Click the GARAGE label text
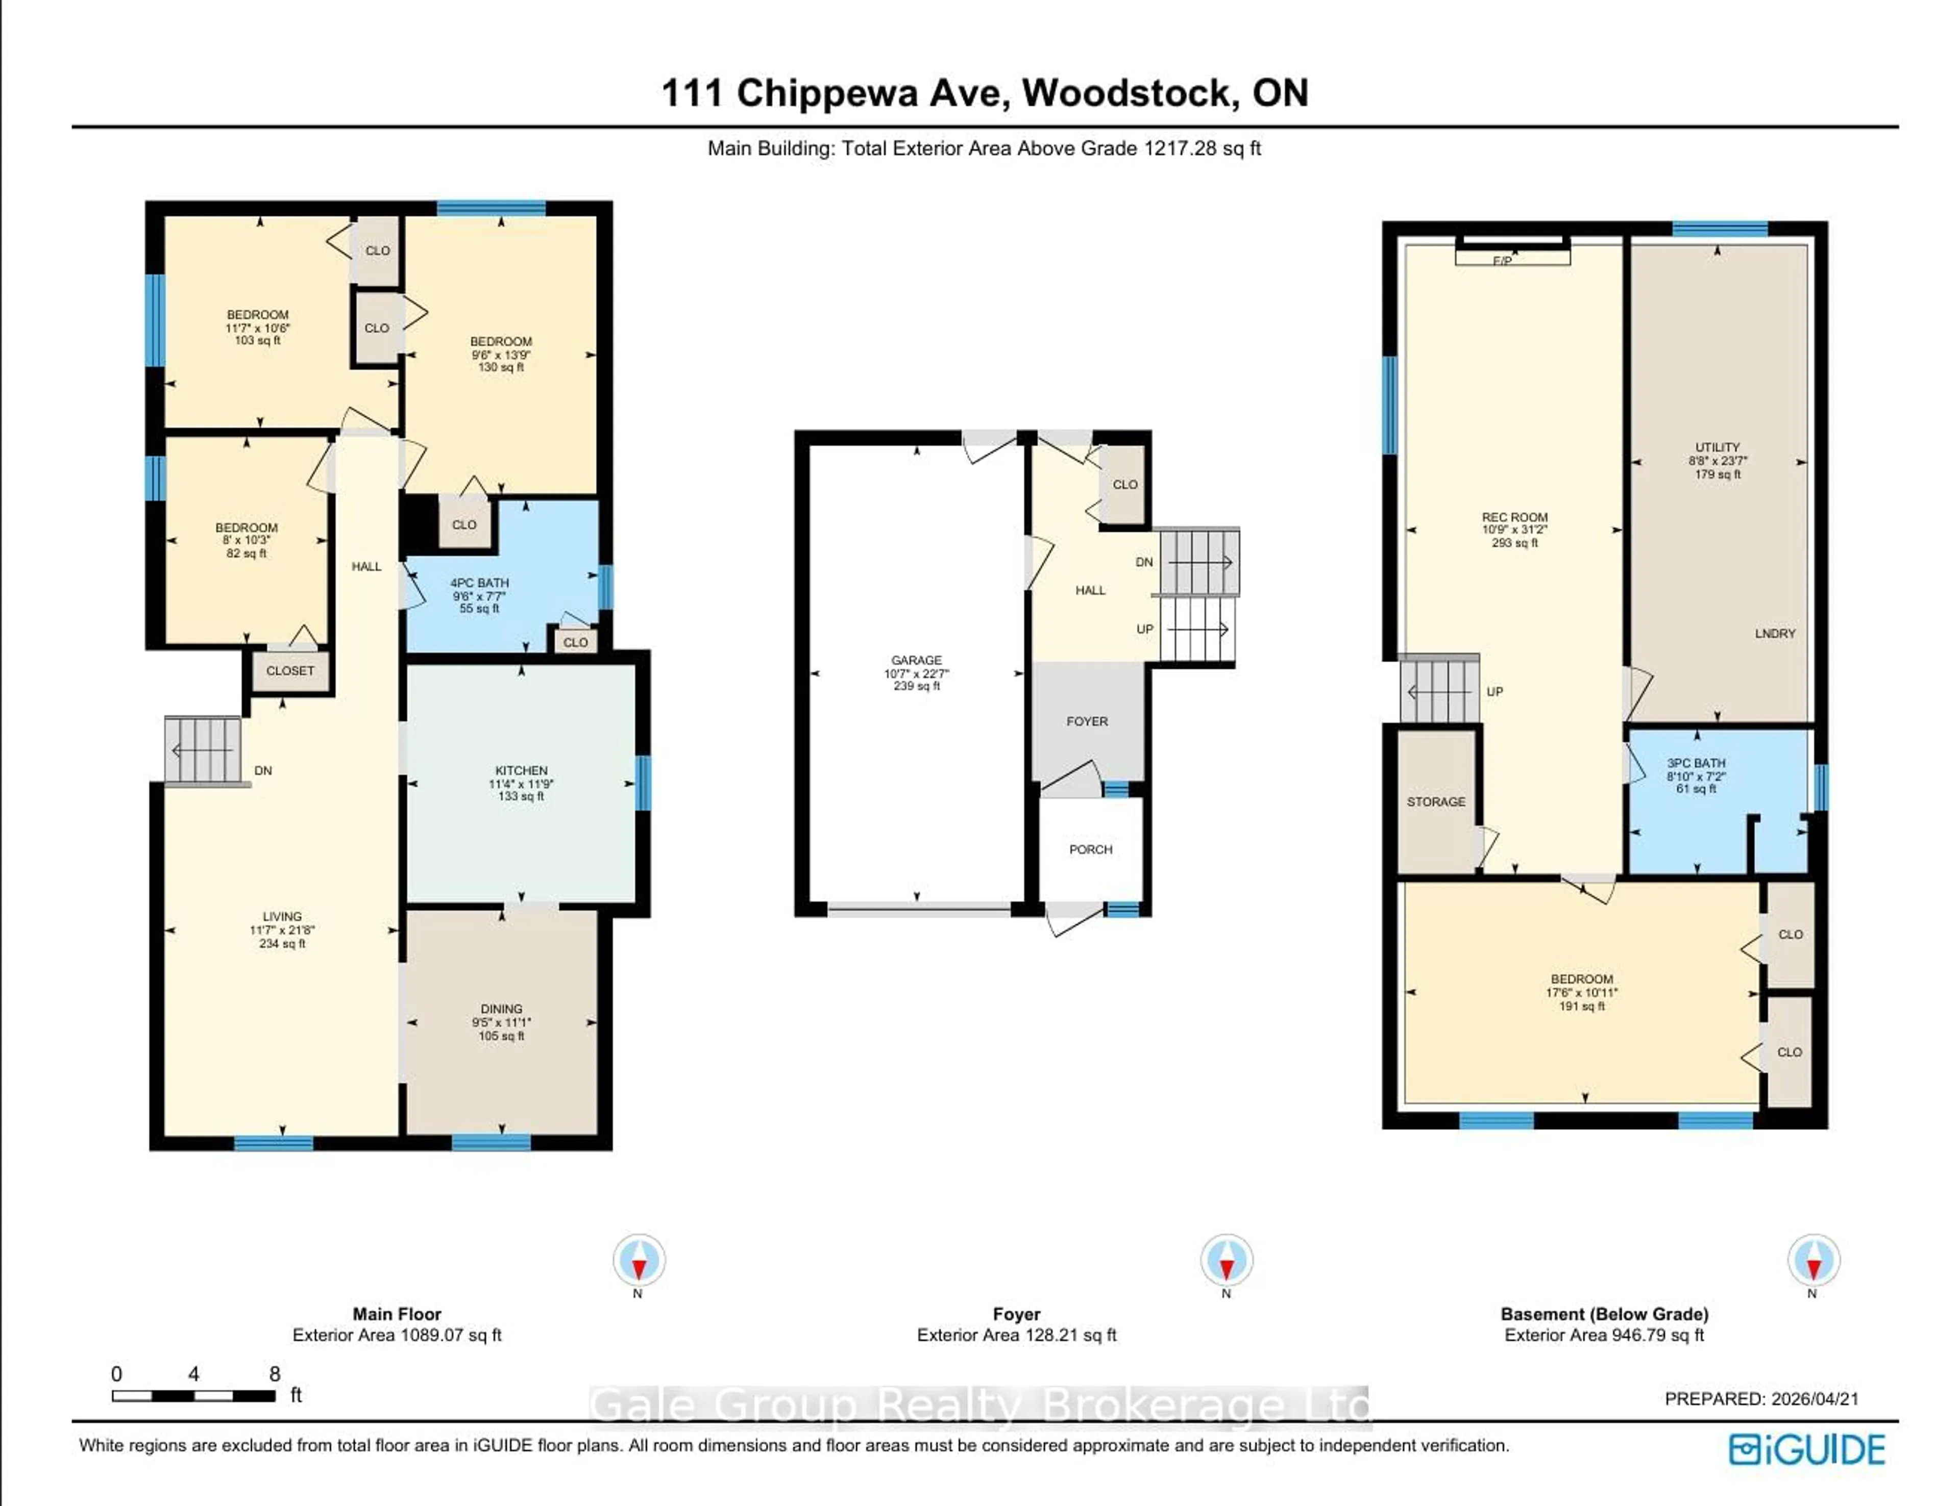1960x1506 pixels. tap(916, 660)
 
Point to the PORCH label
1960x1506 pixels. tap(1090, 849)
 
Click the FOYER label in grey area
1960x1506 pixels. tap(1087, 721)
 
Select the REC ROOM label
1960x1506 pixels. tap(1514, 517)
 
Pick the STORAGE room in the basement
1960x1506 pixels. tap(1435, 801)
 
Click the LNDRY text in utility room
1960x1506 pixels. tap(1774, 633)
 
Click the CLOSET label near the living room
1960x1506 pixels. tap(289, 670)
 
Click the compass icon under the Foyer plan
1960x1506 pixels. tap(1226, 1260)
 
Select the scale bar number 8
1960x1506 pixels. tap(275, 1373)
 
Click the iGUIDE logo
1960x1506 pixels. tap(1807, 1449)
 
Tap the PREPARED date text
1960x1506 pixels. tap(1761, 1398)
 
